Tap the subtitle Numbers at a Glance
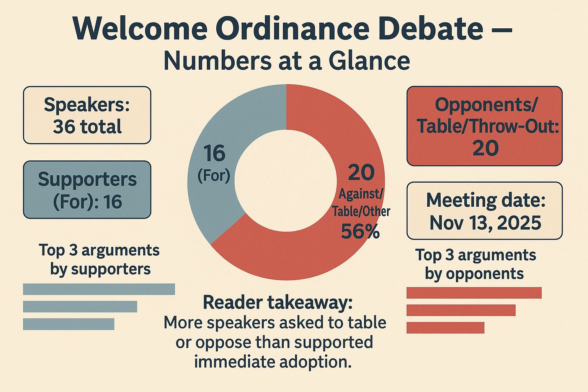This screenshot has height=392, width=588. click(287, 61)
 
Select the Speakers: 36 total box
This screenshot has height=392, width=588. click(87, 115)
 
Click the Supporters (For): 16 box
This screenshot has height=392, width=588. click(87, 190)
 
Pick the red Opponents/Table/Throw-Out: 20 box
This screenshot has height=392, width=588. click(484, 126)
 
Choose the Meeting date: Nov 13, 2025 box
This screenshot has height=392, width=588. click(484, 211)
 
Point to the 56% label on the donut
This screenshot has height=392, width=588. click(360, 232)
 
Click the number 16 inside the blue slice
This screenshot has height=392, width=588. click(214, 154)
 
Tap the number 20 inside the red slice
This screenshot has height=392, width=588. click(361, 173)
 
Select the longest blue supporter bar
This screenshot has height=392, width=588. click(99, 289)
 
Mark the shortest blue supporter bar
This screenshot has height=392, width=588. click(69, 324)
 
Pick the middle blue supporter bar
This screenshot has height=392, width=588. click(80, 307)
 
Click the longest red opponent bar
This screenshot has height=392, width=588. click(474, 293)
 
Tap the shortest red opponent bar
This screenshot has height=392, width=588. click(445, 328)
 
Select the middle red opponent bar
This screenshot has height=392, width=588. click(461, 310)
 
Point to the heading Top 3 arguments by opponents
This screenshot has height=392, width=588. click(475, 264)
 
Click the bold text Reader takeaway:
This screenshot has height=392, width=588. click(278, 302)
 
